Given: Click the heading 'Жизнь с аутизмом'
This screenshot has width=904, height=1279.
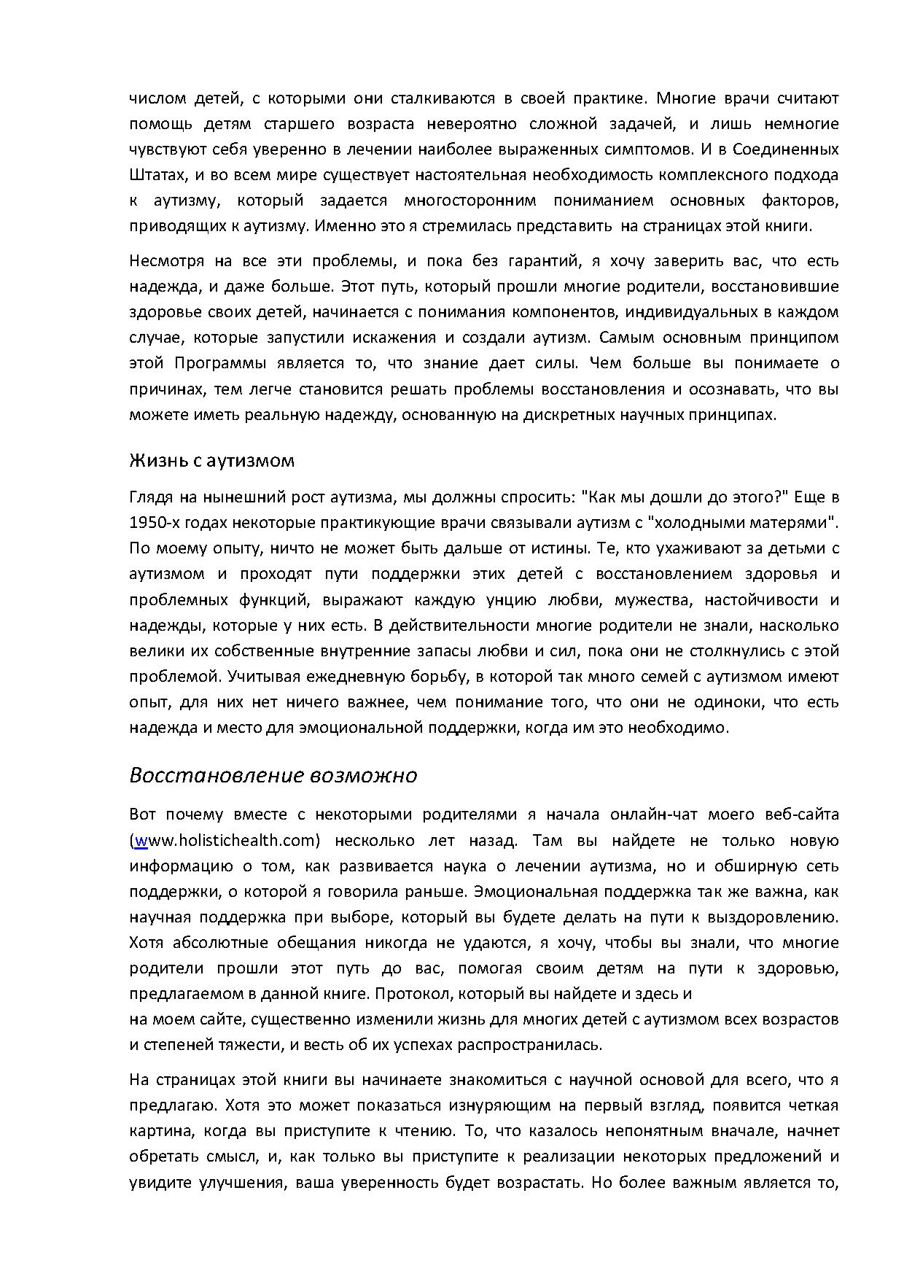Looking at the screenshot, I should coord(212,461).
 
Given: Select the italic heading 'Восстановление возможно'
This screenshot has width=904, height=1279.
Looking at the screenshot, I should coord(273,775).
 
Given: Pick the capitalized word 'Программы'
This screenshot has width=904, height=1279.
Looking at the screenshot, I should coord(214,363).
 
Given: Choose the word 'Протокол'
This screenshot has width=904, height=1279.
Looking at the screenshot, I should coord(409,993).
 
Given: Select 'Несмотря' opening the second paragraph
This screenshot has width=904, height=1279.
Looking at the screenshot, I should coord(165,261).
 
